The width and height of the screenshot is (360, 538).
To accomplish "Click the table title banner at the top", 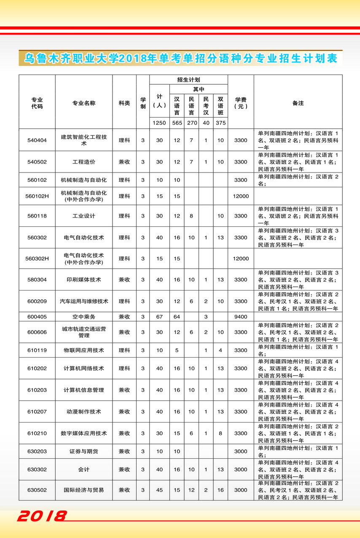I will (180, 58).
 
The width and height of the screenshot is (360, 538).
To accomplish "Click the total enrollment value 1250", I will (159, 123).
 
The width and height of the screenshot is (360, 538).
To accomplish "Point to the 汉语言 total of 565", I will (177, 123).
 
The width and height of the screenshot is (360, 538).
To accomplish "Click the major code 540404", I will (37, 140).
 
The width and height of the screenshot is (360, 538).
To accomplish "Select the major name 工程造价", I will (83, 162).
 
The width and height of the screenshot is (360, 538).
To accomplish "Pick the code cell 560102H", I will (37, 196).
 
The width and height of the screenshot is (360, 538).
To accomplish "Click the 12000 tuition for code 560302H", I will (241, 258).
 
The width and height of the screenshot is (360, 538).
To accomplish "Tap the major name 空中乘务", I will (83, 316).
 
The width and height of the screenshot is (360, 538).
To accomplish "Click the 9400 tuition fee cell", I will (241, 316).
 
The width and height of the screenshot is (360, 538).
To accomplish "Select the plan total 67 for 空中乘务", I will (159, 316).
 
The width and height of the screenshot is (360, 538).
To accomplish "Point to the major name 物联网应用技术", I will (83, 350).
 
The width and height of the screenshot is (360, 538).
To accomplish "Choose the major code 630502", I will (37, 490).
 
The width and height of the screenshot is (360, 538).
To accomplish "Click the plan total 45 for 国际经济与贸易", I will (159, 490).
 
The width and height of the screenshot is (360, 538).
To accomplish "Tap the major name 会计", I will (83, 469).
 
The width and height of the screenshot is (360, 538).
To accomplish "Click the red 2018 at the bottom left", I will (42, 516).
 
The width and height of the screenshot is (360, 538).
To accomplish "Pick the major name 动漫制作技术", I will (83, 412).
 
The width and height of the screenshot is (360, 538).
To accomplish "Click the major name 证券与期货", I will (83, 451).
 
